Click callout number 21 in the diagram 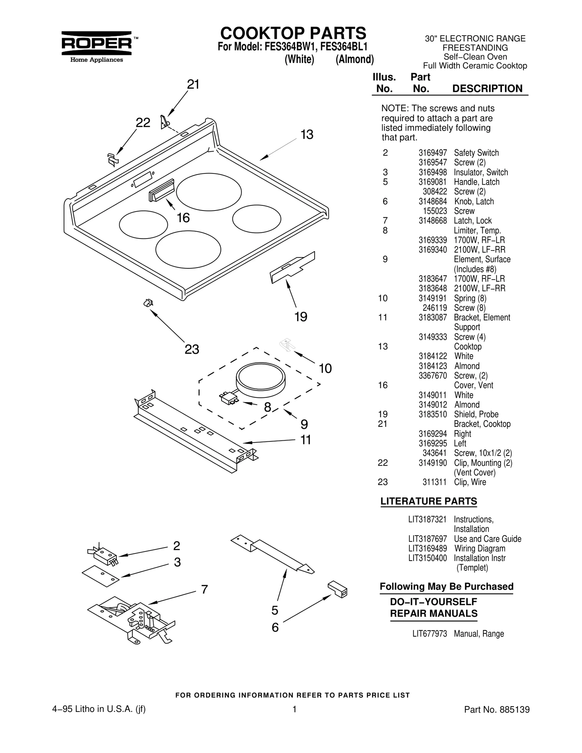pyautogui.click(x=193, y=85)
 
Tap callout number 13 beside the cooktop pyautogui.click(x=307, y=135)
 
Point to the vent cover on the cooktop pyautogui.click(x=161, y=190)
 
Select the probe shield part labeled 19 pyautogui.click(x=292, y=267)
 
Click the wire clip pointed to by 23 pyautogui.click(x=148, y=302)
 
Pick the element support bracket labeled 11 pyautogui.click(x=196, y=429)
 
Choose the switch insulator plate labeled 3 pyautogui.click(x=101, y=576)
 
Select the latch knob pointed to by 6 pyautogui.click(x=338, y=589)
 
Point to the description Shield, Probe pyautogui.click(x=476, y=414)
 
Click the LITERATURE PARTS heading pyautogui.click(x=428, y=501)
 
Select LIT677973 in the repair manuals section pyautogui.click(x=429, y=634)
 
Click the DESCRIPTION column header pyautogui.click(x=487, y=89)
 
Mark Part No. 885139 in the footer pyautogui.click(x=497, y=709)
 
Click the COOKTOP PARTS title pyautogui.click(x=293, y=33)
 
